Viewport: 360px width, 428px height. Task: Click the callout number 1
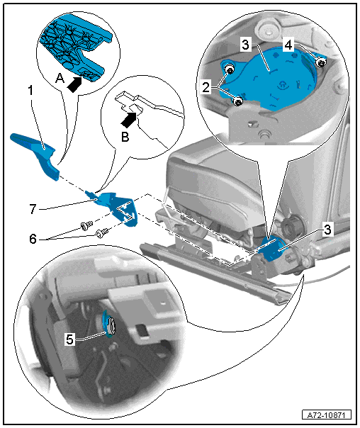pos(31,91)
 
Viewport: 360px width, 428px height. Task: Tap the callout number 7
pos(33,209)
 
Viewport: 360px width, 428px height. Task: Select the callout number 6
pos(33,239)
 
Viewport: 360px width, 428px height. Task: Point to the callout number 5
pos(70,339)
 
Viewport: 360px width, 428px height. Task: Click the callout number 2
pos(207,87)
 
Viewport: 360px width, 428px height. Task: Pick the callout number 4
pos(288,45)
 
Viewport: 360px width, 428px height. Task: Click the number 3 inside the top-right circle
pos(246,45)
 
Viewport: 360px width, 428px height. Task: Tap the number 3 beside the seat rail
pos(327,230)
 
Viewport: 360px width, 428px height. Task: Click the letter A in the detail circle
pos(60,79)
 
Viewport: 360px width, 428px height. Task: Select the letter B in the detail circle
pos(125,137)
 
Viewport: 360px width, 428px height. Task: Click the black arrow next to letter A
pos(74,84)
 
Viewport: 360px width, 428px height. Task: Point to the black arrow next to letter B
pos(129,120)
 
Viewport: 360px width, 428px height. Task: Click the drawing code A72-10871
pos(327,415)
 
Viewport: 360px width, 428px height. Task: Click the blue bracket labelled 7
pos(114,207)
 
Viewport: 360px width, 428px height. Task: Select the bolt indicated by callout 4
pos(321,63)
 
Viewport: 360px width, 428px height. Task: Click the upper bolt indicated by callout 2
pos(230,70)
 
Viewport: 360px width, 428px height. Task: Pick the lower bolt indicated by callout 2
pos(239,101)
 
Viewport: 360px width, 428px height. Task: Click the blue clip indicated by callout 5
pos(109,325)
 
